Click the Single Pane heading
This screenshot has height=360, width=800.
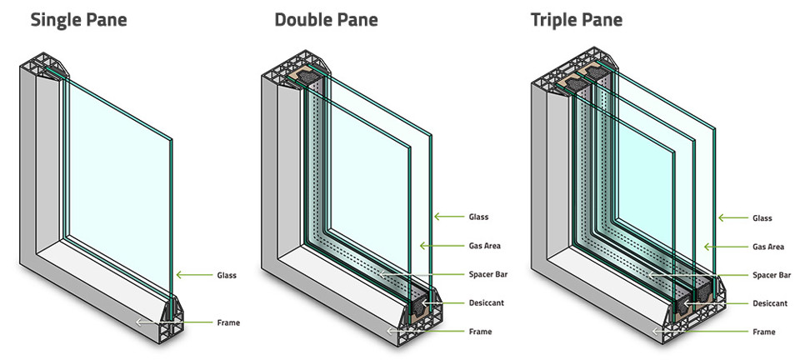(78, 19)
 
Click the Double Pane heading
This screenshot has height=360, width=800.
(327, 19)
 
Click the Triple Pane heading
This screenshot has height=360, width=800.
(577, 19)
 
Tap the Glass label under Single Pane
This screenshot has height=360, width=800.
(227, 274)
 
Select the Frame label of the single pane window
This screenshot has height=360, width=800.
(228, 321)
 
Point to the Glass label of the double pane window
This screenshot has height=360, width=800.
(478, 217)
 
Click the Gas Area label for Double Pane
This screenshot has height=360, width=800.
(485, 247)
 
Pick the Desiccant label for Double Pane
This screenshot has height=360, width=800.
(486, 303)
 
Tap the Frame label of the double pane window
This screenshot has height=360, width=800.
(479, 332)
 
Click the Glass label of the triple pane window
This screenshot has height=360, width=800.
(762, 218)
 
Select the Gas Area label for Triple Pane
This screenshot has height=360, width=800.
(768, 247)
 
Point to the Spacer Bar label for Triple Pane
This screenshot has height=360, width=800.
(771, 274)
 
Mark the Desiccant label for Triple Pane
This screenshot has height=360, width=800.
(769, 303)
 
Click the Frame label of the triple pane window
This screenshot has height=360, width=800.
(762, 332)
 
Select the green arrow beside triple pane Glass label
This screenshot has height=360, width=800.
(732, 218)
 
